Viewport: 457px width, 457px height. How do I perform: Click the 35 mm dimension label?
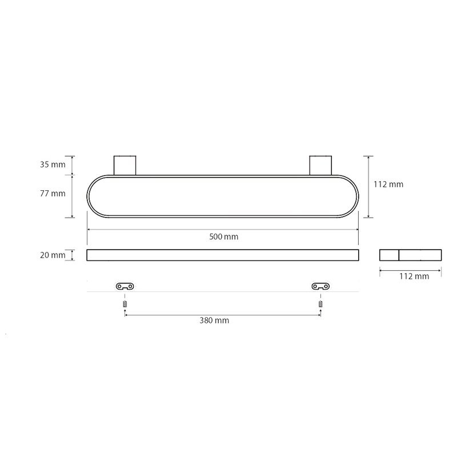(x=53, y=165)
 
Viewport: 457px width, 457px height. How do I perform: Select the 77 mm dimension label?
(x=53, y=194)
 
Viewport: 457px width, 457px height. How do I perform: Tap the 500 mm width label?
(x=223, y=236)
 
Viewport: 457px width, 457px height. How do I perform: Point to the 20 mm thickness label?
(x=53, y=255)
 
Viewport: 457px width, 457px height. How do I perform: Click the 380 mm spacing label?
(x=214, y=320)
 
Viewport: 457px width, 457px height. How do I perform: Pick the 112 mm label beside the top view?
(x=388, y=184)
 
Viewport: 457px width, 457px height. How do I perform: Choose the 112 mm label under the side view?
(x=414, y=276)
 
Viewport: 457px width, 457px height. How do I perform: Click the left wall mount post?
(x=125, y=166)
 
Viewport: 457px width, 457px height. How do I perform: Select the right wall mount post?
(x=320, y=166)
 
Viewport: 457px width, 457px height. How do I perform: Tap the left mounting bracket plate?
(x=125, y=287)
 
